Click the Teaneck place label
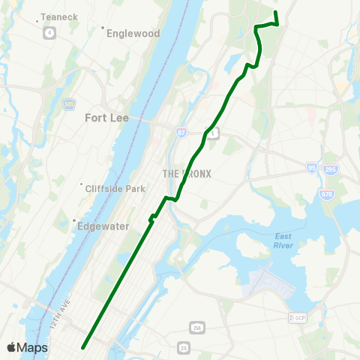pyautogui.click(x=54, y=16)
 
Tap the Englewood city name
pyautogui.click(x=133, y=33)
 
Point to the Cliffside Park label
pyautogui.click(x=115, y=188)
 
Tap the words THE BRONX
pyautogui.click(x=187, y=174)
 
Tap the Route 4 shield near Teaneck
pyautogui.click(x=49, y=33)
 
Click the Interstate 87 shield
pyautogui.click(x=181, y=132)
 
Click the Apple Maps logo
pyautogui.click(x=28, y=347)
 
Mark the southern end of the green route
pyautogui.click(x=82, y=346)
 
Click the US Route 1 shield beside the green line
pyautogui.click(x=214, y=133)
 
